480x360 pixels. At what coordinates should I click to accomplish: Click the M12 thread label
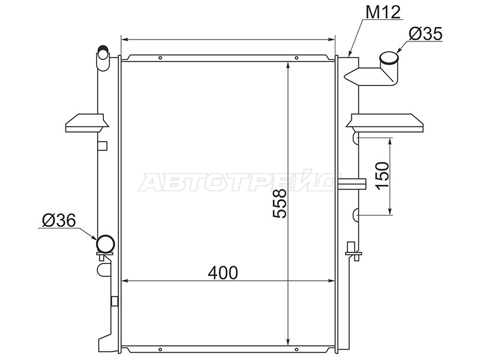383,12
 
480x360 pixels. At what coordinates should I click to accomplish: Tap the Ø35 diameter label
425,34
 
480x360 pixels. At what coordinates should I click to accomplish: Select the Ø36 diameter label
59,220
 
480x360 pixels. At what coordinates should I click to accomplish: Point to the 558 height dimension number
280,203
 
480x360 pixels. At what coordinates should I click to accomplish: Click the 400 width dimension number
223,273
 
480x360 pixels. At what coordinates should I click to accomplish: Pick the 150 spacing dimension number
383,176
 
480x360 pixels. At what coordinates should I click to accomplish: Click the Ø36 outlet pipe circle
106,244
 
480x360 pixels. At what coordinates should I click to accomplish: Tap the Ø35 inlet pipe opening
389,58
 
